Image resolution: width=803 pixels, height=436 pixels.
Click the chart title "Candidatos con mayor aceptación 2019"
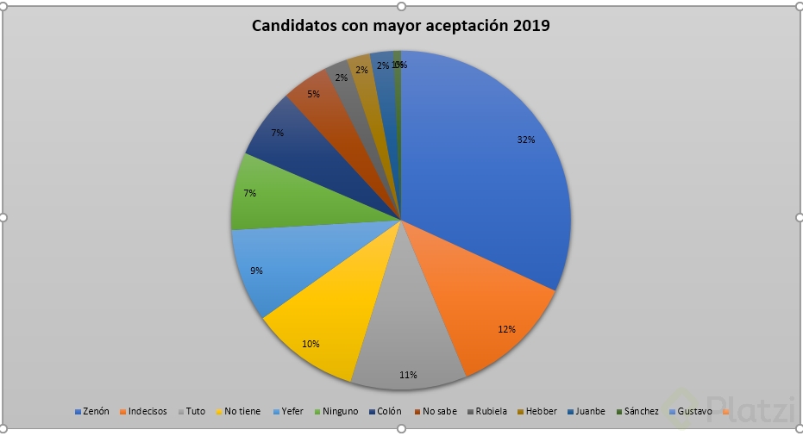coord(400,26)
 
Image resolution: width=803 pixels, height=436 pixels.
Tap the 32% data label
coord(526,140)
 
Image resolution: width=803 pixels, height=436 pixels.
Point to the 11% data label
coord(408,375)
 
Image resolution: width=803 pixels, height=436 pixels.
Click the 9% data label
coord(256,271)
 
